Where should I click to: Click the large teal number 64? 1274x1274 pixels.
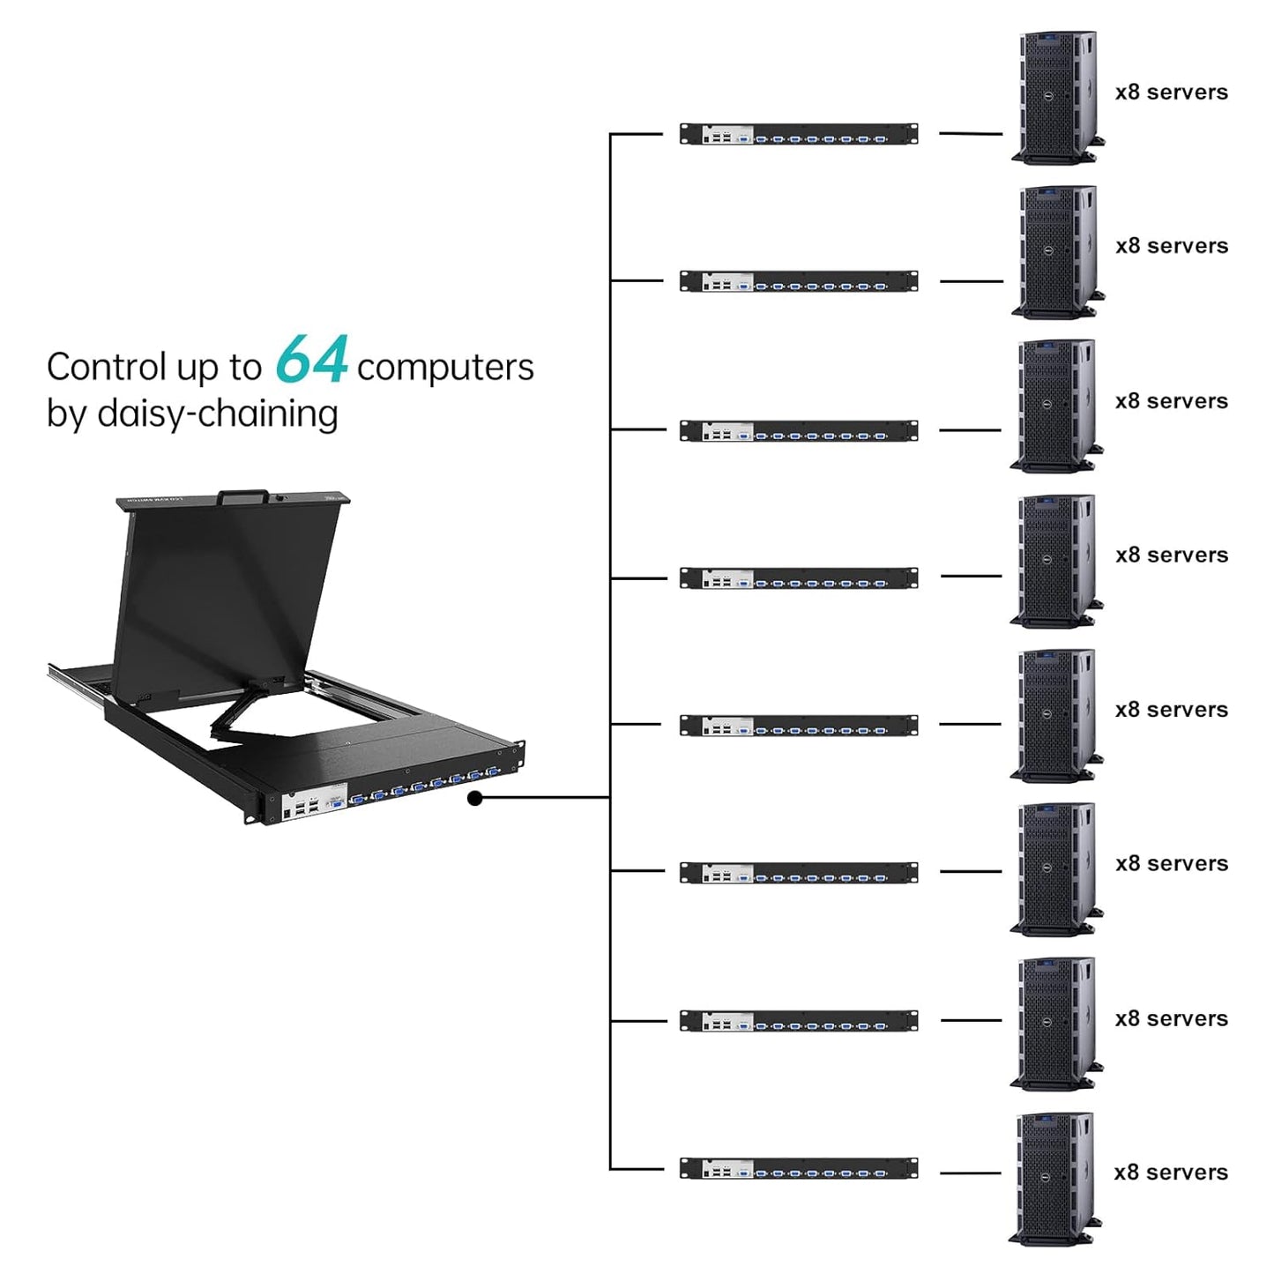[x=311, y=360]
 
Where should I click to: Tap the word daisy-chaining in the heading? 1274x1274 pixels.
[x=217, y=413]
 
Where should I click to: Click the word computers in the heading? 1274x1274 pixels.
[x=445, y=368]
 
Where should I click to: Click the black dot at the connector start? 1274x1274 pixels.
[x=475, y=798]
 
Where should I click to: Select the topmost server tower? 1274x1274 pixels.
[x=1057, y=98]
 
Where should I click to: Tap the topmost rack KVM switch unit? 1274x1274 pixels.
[x=799, y=134]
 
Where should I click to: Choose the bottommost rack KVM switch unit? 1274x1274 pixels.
[x=799, y=1169]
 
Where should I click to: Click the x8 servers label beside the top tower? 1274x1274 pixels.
[x=1171, y=93]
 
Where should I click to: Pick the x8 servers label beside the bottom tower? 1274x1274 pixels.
[x=1171, y=1173]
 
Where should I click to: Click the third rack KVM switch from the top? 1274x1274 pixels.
[x=799, y=431]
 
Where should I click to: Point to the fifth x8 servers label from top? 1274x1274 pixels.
[x=1171, y=710]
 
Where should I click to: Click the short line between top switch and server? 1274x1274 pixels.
[x=971, y=134]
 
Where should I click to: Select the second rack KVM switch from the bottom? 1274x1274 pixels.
[x=799, y=1021]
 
